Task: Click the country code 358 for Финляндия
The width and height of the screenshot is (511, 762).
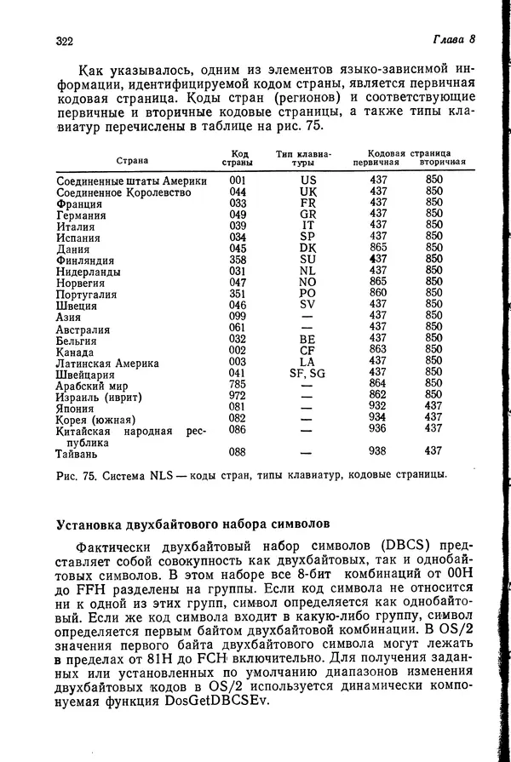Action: [238, 260]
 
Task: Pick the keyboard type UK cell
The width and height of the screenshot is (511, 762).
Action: [307, 192]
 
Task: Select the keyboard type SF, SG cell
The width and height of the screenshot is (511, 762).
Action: [307, 372]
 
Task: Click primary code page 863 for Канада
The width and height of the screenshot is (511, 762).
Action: [378, 349]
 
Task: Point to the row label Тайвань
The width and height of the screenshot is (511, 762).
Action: [78, 452]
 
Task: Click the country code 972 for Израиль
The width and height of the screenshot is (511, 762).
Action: [238, 395]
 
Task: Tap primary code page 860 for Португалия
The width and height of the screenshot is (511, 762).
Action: [378, 293]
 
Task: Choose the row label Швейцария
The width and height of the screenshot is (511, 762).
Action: [85, 373]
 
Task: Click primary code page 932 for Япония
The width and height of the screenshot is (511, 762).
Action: [378, 406]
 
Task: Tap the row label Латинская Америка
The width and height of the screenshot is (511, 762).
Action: [107, 362]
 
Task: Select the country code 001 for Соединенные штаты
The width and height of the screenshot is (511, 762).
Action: [238, 180]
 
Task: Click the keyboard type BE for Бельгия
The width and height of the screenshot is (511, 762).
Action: [307, 339]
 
